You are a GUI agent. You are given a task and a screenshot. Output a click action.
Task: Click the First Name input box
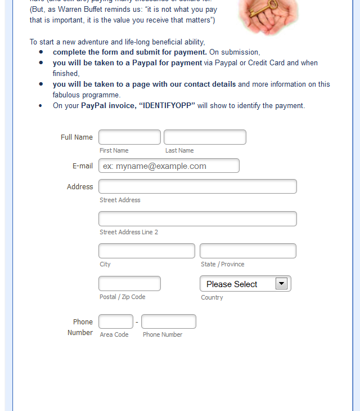point(129,137)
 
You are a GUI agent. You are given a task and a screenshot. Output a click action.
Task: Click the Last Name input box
point(205,137)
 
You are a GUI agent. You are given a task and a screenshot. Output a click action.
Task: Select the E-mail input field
point(169,166)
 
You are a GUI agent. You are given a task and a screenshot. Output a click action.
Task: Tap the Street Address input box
point(197,186)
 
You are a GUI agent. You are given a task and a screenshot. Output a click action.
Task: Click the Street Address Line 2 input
point(197,219)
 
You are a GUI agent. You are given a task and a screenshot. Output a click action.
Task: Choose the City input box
point(147,251)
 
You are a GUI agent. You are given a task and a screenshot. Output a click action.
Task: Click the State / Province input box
point(248,251)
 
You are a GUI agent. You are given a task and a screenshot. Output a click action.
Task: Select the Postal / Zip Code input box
point(129,284)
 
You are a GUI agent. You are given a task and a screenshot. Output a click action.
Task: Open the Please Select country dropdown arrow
point(281,284)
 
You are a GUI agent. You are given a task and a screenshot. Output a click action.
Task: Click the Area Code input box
point(116,321)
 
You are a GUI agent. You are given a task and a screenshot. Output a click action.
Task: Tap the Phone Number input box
point(169,321)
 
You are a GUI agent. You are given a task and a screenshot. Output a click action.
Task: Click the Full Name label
point(76,137)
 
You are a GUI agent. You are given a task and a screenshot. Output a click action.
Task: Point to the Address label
point(80,187)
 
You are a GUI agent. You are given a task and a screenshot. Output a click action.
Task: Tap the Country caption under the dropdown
point(212,297)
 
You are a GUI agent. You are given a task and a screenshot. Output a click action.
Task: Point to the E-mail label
point(83,166)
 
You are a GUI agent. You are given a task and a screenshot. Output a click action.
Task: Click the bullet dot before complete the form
point(41,52)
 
